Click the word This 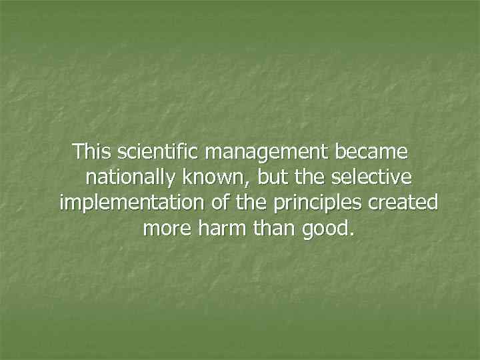tap(93, 152)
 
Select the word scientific tap(159, 152)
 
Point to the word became tap(371, 152)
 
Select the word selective tap(372, 177)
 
